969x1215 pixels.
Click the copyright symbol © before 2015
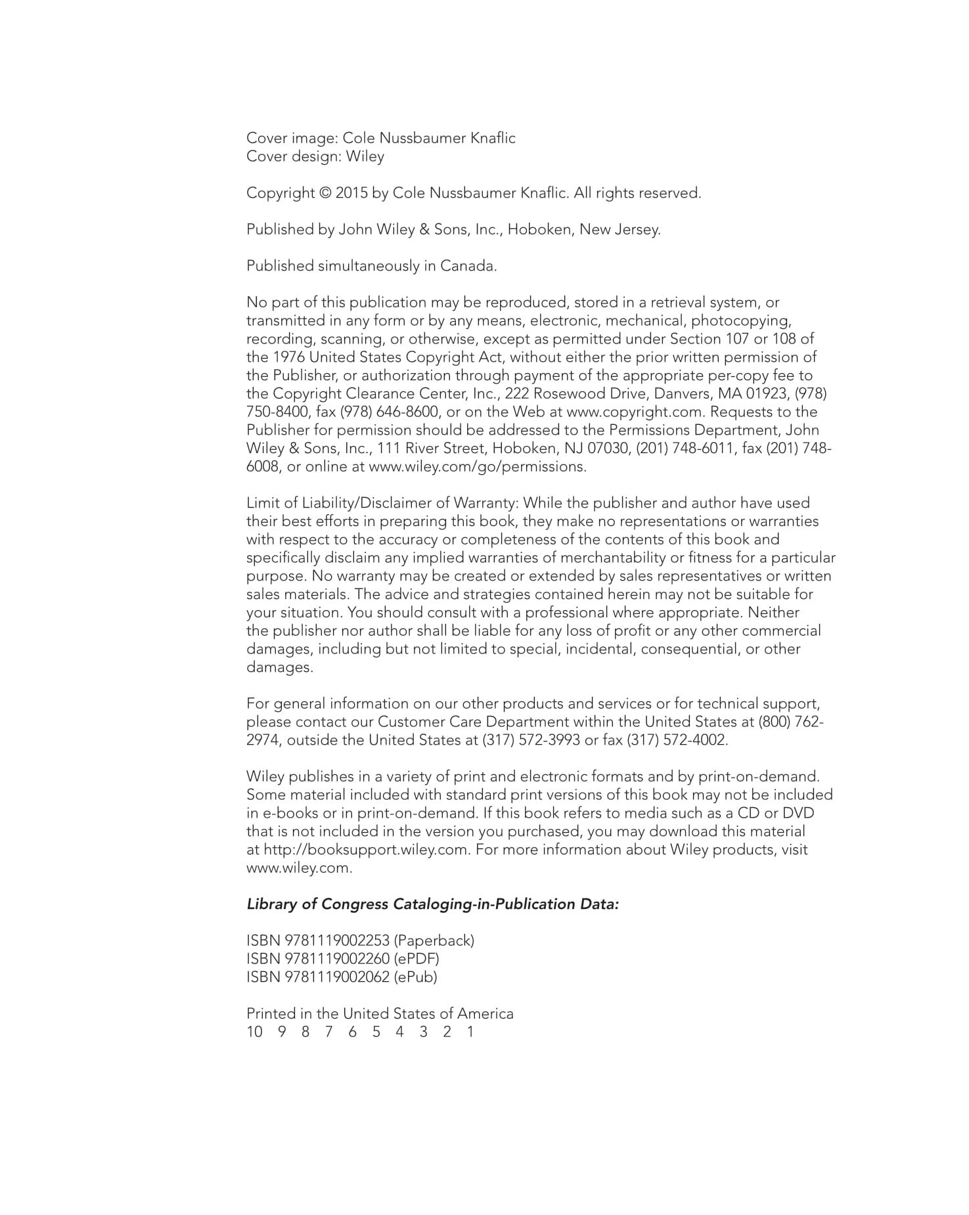pos(325,194)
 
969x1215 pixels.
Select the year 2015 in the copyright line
pos(352,194)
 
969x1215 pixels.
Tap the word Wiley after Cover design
pos(365,157)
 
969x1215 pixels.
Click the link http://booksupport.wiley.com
pos(367,850)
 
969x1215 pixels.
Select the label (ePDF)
pos(417,959)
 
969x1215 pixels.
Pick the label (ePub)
pos(415,977)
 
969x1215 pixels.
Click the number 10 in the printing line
pos(254,1032)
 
